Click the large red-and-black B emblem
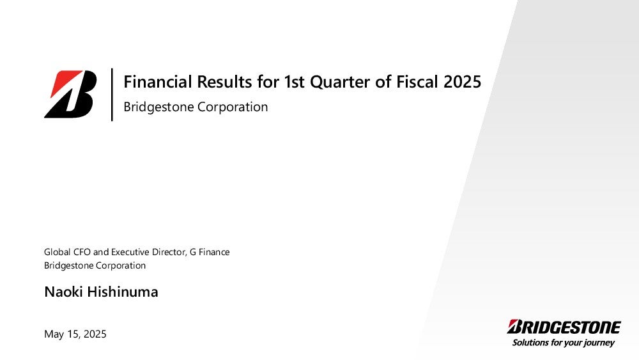[x=70, y=94]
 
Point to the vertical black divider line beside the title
[x=112, y=95]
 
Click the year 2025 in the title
[x=463, y=82]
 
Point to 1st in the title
[x=294, y=82]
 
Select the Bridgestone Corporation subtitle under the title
[x=196, y=107]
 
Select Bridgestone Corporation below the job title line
[x=95, y=265]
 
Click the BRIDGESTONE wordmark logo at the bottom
[x=564, y=327]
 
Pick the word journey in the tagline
[x=599, y=343]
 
